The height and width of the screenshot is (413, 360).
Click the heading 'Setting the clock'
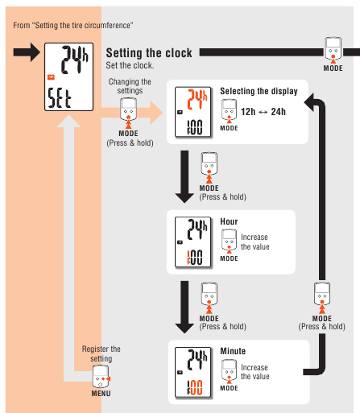tap(149, 53)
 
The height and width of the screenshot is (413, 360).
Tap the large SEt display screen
tap(68, 76)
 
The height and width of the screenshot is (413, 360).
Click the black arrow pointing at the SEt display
tap(27, 52)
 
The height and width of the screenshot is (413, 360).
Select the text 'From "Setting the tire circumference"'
tap(73, 26)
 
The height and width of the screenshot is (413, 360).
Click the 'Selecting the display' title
tap(259, 91)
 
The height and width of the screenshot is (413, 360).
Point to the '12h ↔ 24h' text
tap(263, 112)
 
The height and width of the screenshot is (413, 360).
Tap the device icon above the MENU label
tap(101, 377)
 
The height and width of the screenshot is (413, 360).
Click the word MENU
tap(101, 394)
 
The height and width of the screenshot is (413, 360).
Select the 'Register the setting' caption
tap(101, 353)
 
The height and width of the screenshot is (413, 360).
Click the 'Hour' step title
tap(229, 221)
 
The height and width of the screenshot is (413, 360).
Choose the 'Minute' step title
tap(233, 351)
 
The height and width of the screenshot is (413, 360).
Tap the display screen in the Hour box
tap(192, 242)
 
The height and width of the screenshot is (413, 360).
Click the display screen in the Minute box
tap(192, 372)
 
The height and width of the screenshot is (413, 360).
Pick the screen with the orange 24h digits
tap(192, 112)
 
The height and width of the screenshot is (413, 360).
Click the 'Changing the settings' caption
tap(130, 86)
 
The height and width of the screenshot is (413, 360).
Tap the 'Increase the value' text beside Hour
tap(255, 242)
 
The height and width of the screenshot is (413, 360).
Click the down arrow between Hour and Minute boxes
tap(184, 307)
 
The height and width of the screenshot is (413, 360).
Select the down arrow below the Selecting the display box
tap(184, 176)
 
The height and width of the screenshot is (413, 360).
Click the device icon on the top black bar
tap(333, 49)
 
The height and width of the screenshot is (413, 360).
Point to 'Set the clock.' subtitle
tap(130, 65)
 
